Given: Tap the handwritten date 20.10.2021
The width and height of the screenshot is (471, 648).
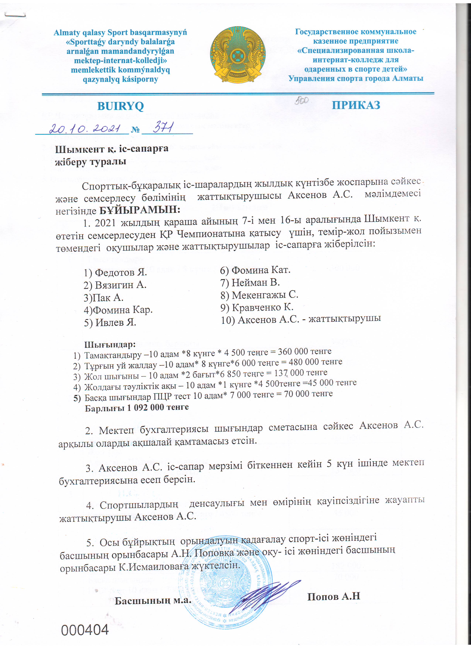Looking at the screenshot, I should point(84,129).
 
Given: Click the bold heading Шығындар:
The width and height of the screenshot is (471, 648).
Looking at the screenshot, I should point(110,344).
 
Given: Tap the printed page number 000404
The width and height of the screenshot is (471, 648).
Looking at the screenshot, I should point(85,629).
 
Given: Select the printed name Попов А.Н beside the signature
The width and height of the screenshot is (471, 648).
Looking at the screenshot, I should point(333,596).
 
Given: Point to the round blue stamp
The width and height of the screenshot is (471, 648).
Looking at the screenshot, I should point(226,580).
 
